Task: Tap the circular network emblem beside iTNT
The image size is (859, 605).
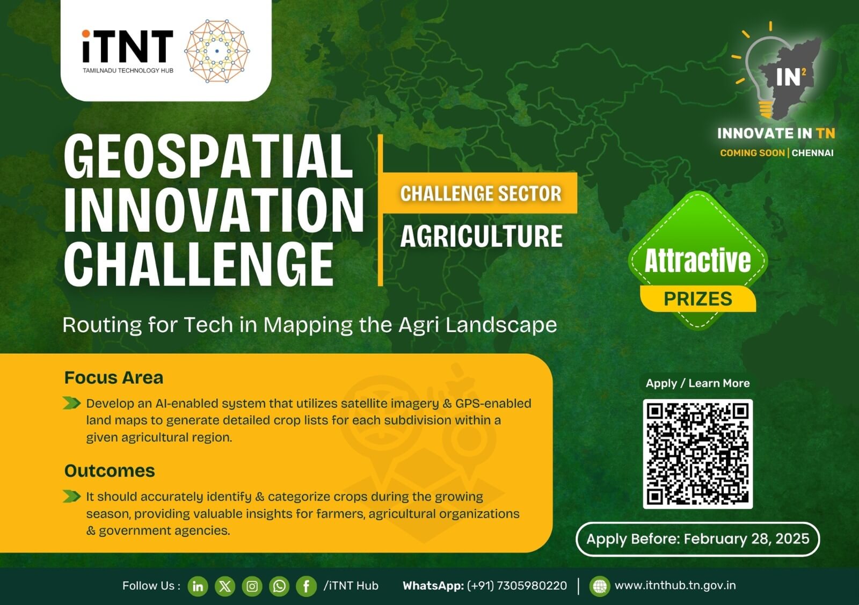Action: click(217, 51)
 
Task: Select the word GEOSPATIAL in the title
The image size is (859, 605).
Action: click(208, 156)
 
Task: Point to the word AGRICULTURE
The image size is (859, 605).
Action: click(482, 236)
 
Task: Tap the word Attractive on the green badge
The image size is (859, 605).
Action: click(697, 261)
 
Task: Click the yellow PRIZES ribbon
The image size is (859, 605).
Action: click(698, 298)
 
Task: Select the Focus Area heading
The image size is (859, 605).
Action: click(114, 377)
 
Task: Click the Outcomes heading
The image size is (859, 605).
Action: click(110, 471)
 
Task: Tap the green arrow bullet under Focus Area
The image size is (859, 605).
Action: click(72, 403)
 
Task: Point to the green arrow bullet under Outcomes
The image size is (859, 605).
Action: click(72, 496)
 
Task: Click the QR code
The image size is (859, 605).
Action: click(698, 454)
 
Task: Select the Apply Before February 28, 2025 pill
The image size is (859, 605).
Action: click(697, 539)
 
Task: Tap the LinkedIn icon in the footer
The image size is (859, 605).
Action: click(198, 586)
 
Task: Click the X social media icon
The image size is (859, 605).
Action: click(225, 586)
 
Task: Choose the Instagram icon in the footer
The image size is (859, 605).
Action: click(252, 586)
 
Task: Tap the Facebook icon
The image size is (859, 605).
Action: click(307, 586)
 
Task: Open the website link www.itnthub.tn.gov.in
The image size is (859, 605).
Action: click(675, 586)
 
